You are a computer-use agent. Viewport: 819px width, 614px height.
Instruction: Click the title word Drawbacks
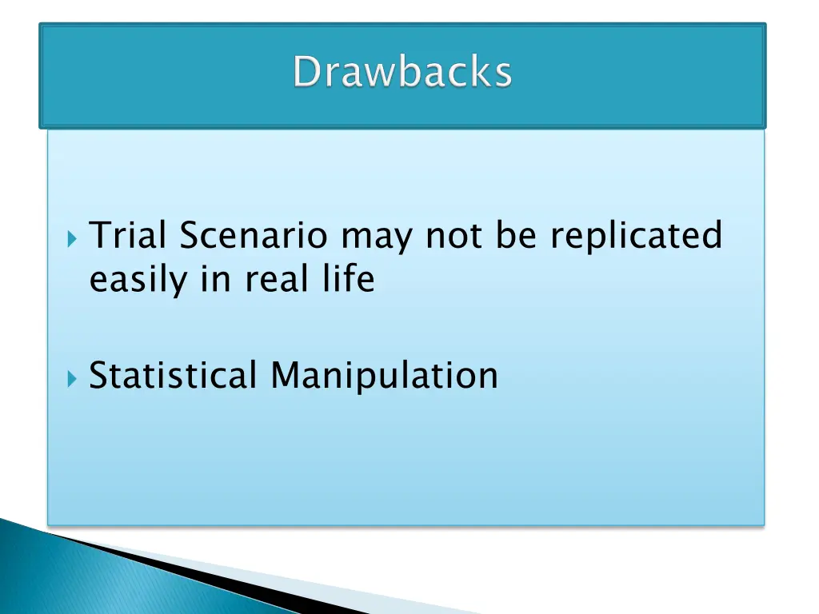click(402, 73)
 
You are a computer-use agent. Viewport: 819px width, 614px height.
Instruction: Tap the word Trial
click(128, 236)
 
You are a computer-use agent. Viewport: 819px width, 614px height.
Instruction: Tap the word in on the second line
click(215, 279)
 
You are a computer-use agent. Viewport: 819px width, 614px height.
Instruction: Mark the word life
click(349, 279)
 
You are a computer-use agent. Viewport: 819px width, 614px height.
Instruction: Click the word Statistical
click(174, 375)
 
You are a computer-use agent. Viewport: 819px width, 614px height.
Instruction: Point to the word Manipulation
click(384, 375)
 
